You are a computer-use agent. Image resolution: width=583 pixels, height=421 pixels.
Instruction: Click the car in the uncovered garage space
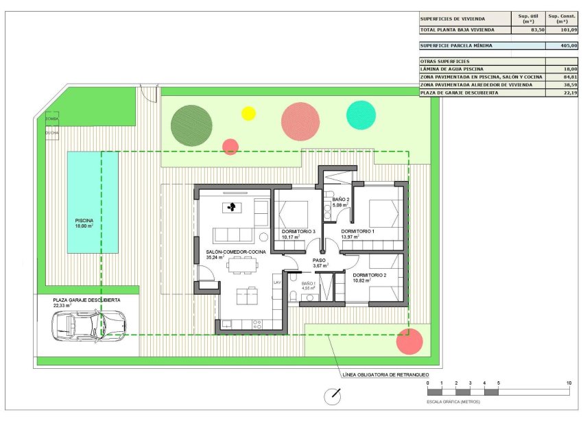88,324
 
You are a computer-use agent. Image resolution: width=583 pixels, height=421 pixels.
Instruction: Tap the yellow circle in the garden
248,113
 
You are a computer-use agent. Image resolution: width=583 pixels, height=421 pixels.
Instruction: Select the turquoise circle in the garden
361,115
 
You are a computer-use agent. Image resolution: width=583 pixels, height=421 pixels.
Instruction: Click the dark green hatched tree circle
191,123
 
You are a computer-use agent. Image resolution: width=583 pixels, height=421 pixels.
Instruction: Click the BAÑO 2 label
342,202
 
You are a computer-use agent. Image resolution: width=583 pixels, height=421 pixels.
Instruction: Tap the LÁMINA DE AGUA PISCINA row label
452,69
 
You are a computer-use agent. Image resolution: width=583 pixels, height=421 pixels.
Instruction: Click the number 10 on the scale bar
569,383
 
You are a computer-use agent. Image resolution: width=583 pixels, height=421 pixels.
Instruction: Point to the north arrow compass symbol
334,395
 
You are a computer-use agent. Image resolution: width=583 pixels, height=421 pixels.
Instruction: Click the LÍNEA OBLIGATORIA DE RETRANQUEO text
378,375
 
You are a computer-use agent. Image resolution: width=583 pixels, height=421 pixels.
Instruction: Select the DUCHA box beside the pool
52,132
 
